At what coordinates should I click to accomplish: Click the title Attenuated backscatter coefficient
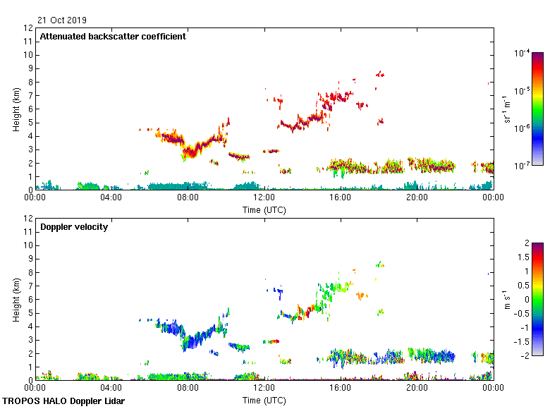coord(113,37)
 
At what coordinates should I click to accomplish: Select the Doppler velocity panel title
coord(74,227)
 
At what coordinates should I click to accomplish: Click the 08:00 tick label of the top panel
coord(188,198)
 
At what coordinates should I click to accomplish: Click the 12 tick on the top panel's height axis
coord(28,28)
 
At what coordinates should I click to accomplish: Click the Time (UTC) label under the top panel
coord(264,209)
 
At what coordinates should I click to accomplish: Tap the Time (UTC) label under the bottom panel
coord(264,400)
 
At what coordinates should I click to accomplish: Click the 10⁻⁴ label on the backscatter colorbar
coord(522,53)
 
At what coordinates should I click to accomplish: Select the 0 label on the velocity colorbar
coord(525,299)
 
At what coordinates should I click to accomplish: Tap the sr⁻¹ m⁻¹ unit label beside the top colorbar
coord(506,109)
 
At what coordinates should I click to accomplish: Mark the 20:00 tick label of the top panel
coord(417,198)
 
